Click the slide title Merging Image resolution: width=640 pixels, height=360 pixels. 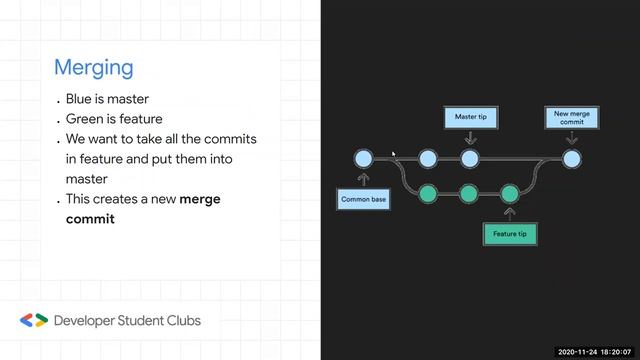93,68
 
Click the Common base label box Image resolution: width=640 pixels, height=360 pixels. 363,199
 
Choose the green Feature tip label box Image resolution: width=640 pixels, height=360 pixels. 510,235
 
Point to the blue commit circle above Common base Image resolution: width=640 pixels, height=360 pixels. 364,158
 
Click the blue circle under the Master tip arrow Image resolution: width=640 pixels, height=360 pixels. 469,158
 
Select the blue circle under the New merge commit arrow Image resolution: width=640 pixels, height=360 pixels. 571,158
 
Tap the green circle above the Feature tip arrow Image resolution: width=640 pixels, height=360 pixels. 509,192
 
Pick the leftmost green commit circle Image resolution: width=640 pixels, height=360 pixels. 428,192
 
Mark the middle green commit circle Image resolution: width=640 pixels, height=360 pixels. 469,192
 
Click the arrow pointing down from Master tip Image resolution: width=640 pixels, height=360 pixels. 469,138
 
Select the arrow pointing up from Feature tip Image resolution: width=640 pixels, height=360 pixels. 509,213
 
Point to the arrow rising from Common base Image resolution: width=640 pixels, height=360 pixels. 364,179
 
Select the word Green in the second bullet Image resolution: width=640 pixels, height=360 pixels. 85,119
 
